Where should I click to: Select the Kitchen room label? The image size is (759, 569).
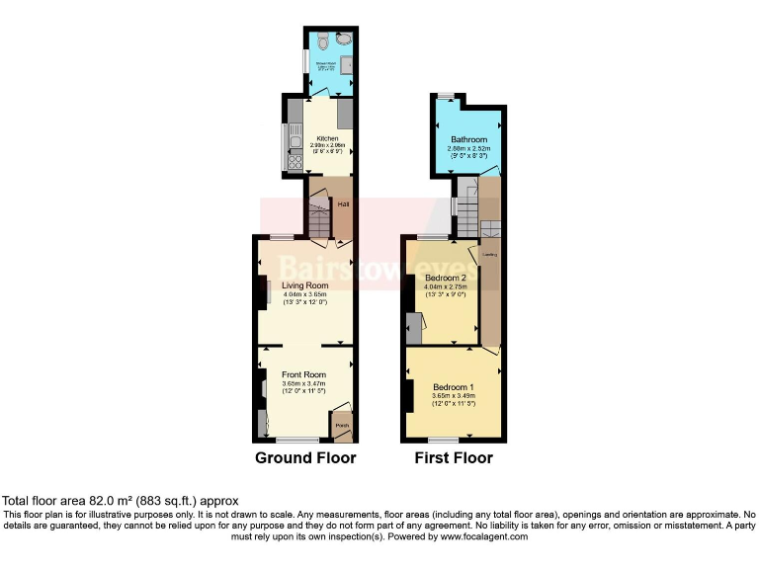(x=327, y=138)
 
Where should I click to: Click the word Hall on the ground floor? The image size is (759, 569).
(x=344, y=204)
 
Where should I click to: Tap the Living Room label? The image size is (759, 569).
(x=304, y=285)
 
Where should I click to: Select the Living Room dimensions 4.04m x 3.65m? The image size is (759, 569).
(x=304, y=294)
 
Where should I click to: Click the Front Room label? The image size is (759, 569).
(x=303, y=374)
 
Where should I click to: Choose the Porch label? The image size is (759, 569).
(x=342, y=427)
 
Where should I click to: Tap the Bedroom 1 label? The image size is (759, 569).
(x=453, y=386)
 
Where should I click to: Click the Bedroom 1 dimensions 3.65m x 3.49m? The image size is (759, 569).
(x=453, y=395)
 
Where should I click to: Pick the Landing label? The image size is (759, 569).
(x=488, y=255)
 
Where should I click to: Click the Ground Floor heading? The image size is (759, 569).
(x=305, y=458)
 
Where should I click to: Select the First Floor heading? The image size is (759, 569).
(x=453, y=458)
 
